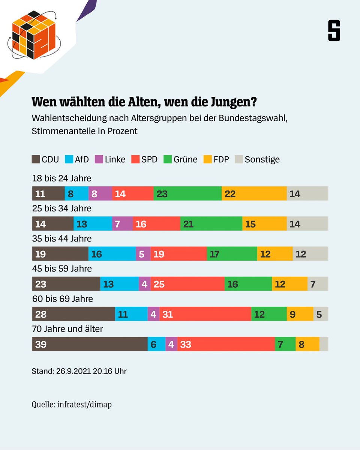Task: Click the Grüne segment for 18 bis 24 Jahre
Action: (x=187, y=193)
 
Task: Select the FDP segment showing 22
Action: (x=254, y=193)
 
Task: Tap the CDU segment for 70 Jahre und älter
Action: (x=90, y=344)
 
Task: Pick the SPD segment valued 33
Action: (x=226, y=344)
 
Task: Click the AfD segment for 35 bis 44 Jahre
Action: (x=112, y=254)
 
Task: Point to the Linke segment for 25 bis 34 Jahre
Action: (x=122, y=224)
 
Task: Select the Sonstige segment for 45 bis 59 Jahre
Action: (x=318, y=284)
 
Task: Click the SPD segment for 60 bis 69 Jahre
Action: (x=205, y=314)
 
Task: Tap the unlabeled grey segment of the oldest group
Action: (x=324, y=344)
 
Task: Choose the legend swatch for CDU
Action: (x=36, y=159)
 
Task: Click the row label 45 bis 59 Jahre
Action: (x=62, y=269)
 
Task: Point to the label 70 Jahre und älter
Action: (x=67, y=329)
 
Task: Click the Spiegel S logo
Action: (x=334, y=31)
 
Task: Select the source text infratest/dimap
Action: (x=84, y=405)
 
